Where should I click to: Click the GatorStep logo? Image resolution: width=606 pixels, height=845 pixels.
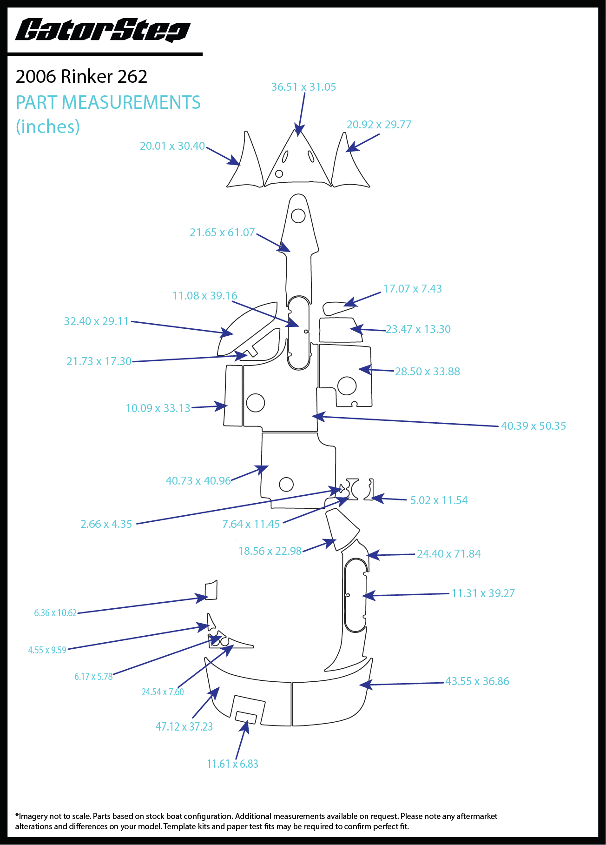(x=103, y=31)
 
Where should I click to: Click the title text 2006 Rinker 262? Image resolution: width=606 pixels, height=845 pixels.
(x=81, y=77)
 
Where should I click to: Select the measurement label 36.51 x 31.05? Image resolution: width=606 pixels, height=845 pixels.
(x=303, y=87)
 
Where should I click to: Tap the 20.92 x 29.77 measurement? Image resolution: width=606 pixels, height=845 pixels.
(x=379, y=125)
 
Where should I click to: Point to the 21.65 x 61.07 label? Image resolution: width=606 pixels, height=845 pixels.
(x=222, y=233)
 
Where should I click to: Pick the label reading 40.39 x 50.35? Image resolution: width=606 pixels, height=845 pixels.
(x=533, y=426)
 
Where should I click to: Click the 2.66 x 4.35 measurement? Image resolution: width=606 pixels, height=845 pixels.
(x=106, y=524)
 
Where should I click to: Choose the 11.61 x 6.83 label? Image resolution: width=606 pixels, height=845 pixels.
(x=232, y=764)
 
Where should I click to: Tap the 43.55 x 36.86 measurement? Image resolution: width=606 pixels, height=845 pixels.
(x=477, y=681)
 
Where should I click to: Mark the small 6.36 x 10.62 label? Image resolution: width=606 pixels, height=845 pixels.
(x=55, y=613)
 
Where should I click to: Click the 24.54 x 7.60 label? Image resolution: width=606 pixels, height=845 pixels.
(x=163, y=692)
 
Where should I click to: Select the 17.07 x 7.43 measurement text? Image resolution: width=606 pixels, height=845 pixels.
(x=412, y=289)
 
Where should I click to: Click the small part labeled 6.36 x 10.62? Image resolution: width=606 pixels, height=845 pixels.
(x=211, y=590)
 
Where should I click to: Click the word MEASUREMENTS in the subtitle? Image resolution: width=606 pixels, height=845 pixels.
(x=131, y=102)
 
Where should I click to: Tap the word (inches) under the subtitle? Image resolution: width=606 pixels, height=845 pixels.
(x=48, y=126)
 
